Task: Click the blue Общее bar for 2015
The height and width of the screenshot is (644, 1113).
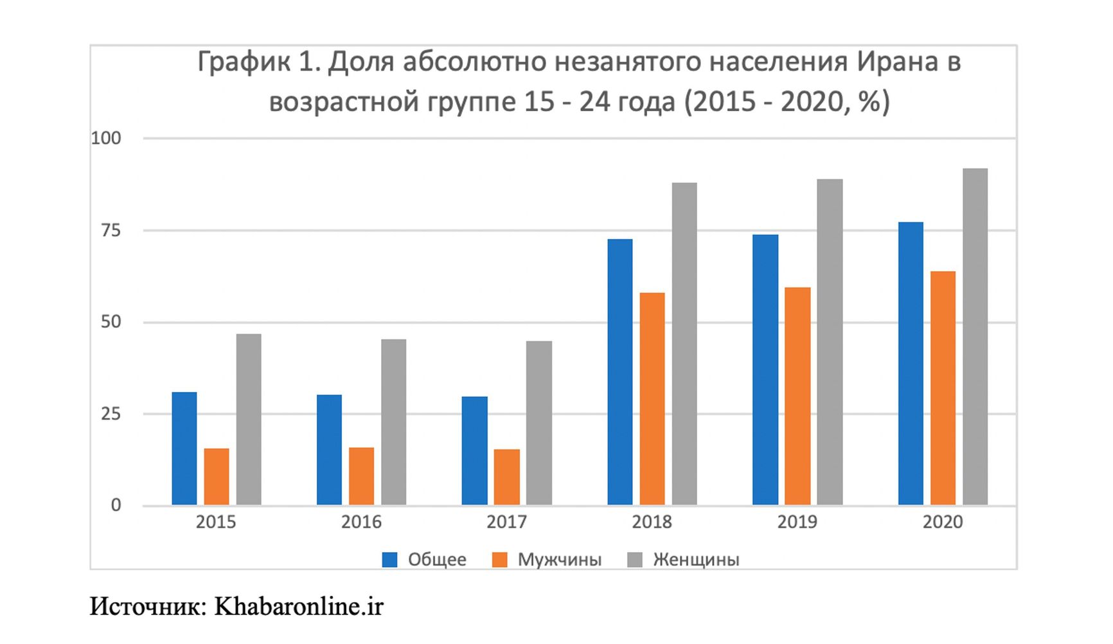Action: coord(184,449)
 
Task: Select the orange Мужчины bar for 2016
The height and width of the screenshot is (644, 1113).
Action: coord(361,476)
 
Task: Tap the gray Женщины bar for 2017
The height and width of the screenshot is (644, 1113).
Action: coord(539,423)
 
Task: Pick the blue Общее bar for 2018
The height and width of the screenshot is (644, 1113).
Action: coord(619,372)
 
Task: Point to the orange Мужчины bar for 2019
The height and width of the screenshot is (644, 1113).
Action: coord(797,396)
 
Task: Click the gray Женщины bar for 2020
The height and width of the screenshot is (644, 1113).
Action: coord(975,337)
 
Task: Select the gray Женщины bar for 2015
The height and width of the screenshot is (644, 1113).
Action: coord(249,419)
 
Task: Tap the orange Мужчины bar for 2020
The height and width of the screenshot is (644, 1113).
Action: coord(943,388)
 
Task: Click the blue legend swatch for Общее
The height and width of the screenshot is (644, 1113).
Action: coord(389,560)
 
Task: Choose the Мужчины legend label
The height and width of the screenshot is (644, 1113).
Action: coord(559,560)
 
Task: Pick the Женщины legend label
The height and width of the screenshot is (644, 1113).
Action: coord(696,560)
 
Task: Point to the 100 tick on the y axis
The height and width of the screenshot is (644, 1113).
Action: coord(106,138)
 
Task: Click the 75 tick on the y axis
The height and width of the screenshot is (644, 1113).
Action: coord(111,230)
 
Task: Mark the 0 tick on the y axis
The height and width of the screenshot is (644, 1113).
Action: coord(116,505)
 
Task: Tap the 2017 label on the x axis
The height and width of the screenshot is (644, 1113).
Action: coord(506,522)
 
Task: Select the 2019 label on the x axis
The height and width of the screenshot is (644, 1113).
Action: coord(797,522)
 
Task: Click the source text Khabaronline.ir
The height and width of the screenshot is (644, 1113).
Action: coord(298,606)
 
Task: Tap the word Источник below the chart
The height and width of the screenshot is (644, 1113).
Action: coord(147,606)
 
